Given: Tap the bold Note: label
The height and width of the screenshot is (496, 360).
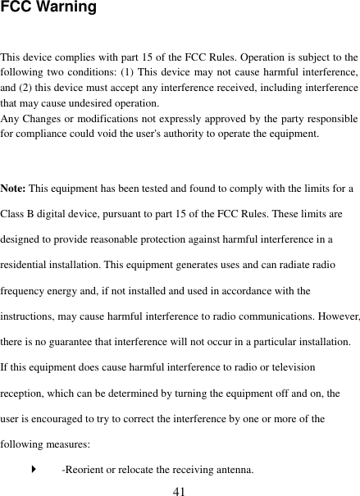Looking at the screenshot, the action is [14, 189].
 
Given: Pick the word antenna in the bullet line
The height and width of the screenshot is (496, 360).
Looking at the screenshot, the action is [233, 470].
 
